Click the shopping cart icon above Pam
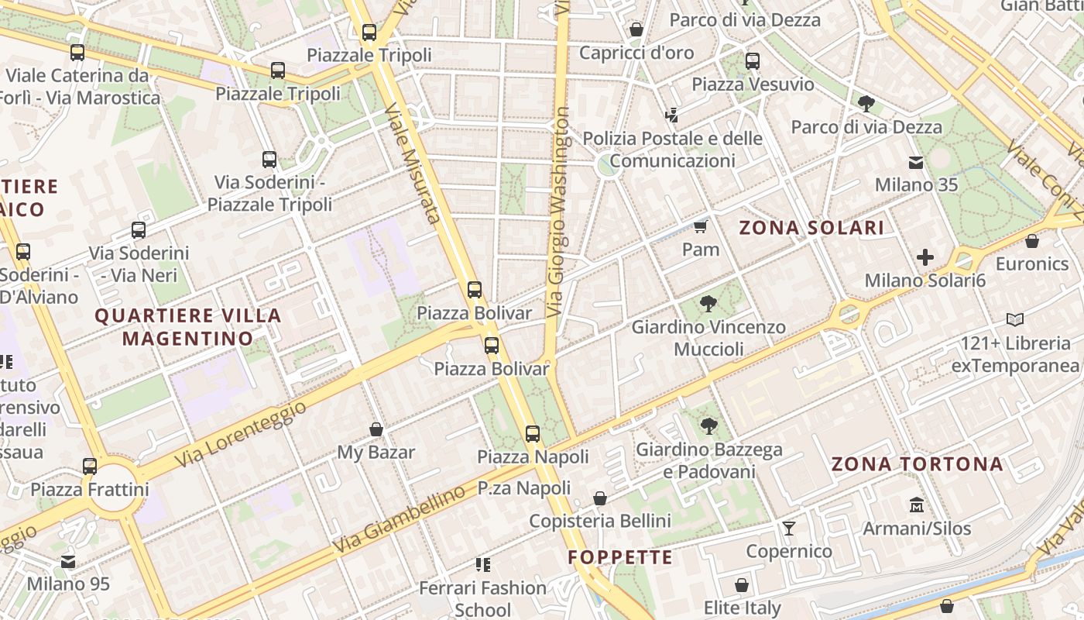(701, 226)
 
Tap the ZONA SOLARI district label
(811, 228)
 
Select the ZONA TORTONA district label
(917, 464)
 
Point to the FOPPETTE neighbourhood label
(620, 557)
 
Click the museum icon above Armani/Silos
(917, 505)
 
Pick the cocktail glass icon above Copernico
(789, 529)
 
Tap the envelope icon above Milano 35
(916, 163)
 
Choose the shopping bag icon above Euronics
(1031, 241)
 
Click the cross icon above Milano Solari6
(924, 257)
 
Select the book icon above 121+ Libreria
(1015, 319)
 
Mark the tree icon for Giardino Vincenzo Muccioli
(708, 304)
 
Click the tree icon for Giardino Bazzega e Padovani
(708, 425)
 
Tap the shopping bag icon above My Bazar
(376, 429)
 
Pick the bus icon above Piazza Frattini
(90, 467)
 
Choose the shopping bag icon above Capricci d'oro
(636, 30)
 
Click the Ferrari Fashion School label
(483, 598)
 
